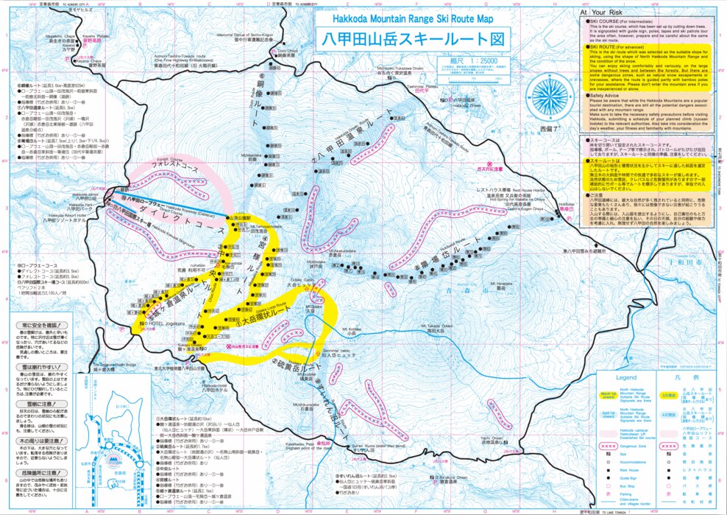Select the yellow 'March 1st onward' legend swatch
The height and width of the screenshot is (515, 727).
pyautogui.click(x=608, y=393)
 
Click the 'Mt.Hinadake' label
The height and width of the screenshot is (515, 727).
pyautogui.click(x=478, y=282)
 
